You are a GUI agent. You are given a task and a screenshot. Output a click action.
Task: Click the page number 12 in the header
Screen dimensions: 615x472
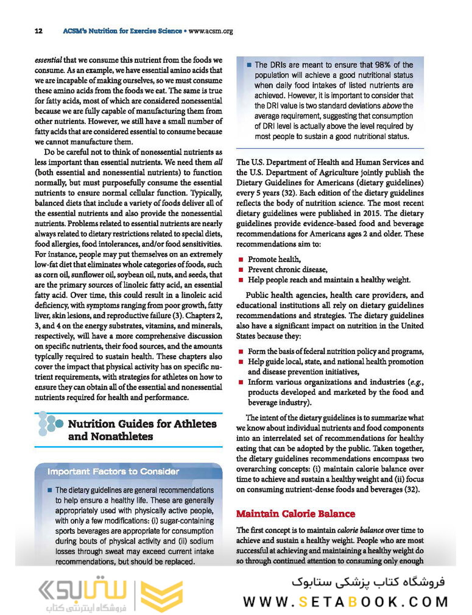point(38,30)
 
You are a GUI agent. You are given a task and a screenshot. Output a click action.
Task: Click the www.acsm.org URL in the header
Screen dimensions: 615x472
point(212,30)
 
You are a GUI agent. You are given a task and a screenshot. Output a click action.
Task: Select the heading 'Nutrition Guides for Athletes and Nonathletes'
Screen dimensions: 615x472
point(142,430)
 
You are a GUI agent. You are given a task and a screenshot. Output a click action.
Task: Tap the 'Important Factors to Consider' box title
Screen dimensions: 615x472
point(113,471)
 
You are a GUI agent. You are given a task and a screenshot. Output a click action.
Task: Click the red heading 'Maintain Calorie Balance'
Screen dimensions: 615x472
point(295,513)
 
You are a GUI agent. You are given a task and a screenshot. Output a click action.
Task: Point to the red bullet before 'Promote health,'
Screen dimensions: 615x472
point(241,260)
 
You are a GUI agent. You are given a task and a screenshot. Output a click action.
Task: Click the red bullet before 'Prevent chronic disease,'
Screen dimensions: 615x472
point(241,269)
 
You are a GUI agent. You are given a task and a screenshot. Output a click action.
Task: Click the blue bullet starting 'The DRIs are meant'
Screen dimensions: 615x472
point(248,65)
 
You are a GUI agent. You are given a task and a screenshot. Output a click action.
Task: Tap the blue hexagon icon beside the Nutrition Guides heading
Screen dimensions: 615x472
point(48,424)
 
